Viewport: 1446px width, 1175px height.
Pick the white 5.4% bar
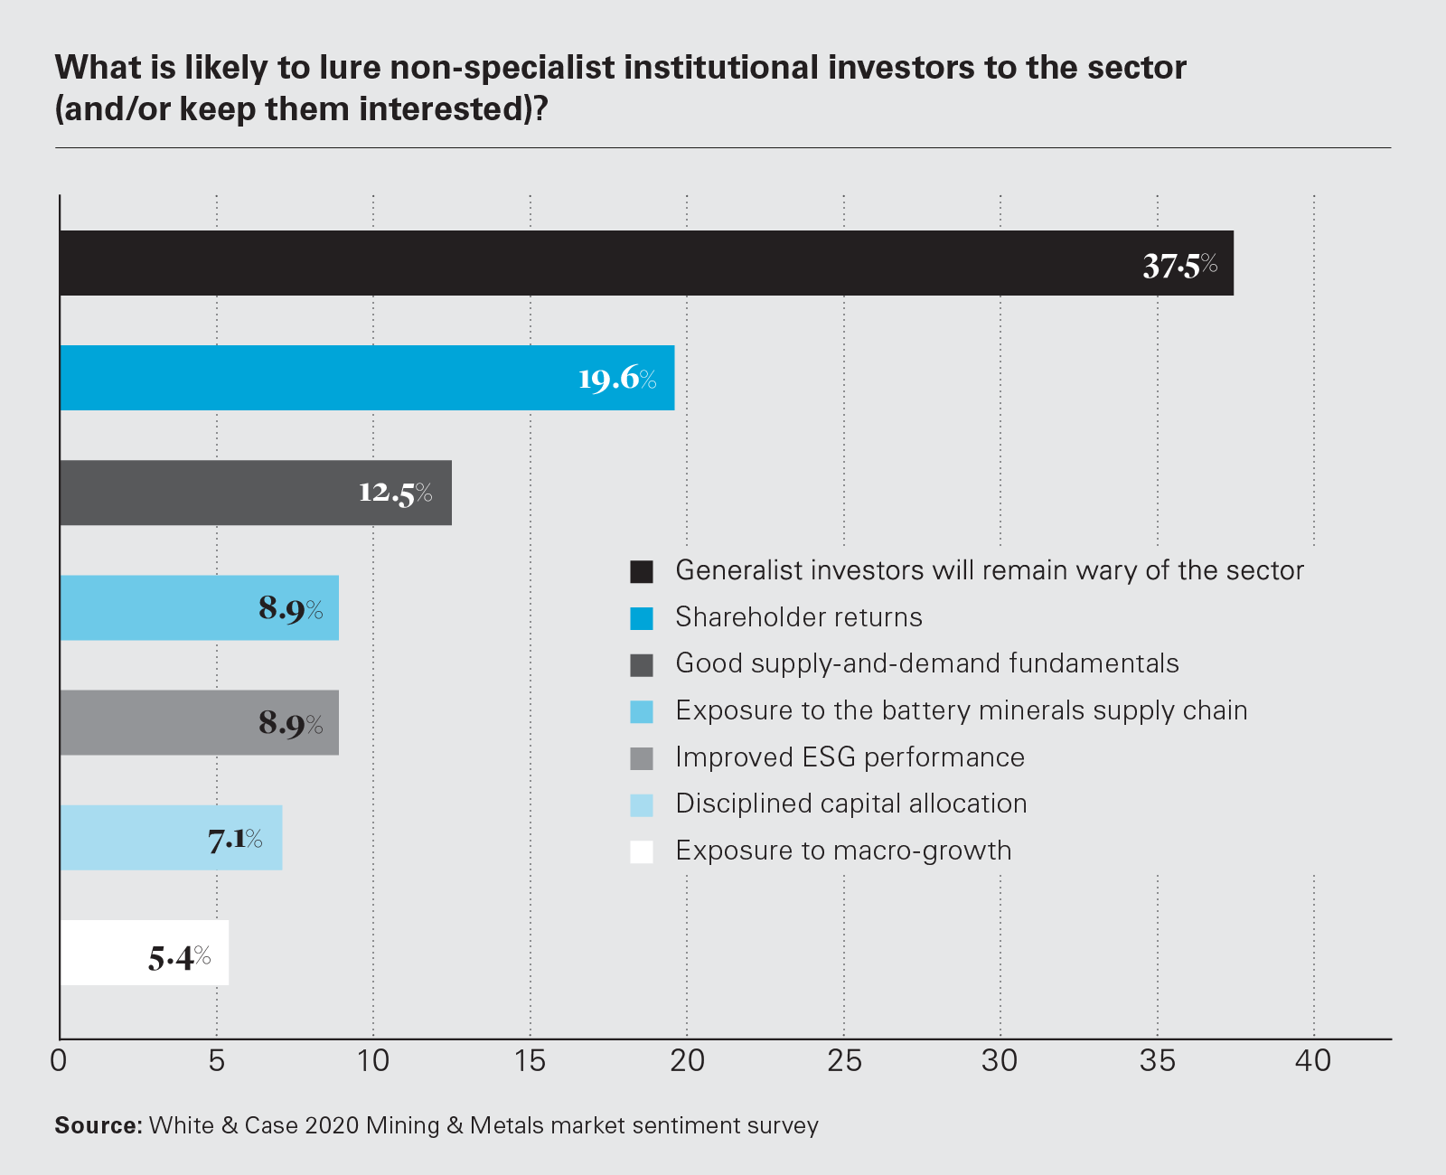click(x=145, y=953)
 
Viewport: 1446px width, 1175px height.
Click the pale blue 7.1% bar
click(x=171, y=838)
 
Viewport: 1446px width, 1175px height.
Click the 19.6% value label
click(x=617, y=379)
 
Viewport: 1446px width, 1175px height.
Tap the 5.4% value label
click(x=179, y=956)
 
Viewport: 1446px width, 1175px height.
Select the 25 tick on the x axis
click(x=844, y=1061)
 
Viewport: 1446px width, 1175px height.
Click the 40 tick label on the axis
click(x=1313, y=1061)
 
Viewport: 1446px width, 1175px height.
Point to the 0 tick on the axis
click(x=60, y=1061)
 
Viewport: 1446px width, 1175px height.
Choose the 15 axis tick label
click(x=530, y=1061)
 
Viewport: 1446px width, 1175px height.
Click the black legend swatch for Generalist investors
click(x=642, y=571)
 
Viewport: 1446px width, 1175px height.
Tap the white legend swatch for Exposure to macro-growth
click(x=642, y=851)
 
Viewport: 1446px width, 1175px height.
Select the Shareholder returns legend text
click(x=799, y=617)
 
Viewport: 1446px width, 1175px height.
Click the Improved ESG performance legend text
click(x=850, y=757)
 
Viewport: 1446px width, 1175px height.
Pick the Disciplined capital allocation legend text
click(x=851, y=804)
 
